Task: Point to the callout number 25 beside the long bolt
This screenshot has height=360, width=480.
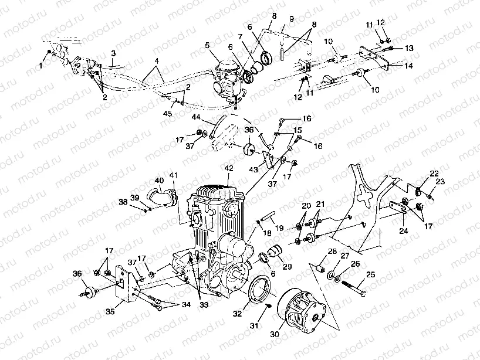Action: click(370, 274)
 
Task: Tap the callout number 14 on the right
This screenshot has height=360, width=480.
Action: click(408, 66)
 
